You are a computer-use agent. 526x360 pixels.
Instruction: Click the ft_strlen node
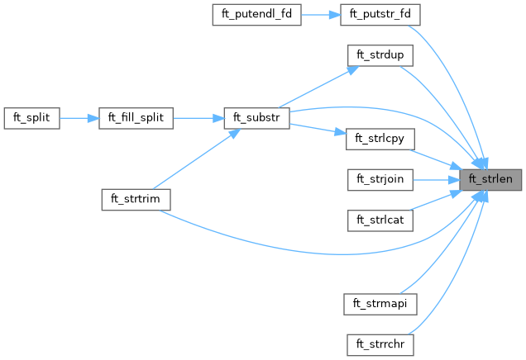point(491,179)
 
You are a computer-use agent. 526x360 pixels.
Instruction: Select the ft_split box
point(32,117)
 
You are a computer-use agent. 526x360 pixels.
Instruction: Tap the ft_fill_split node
point(136,117)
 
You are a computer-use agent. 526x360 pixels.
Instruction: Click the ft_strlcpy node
point(379,138)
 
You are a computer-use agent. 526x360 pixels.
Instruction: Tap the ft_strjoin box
point(379,179)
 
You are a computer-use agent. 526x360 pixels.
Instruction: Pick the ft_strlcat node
point(379,220)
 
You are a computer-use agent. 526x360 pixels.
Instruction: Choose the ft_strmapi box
point(379,302)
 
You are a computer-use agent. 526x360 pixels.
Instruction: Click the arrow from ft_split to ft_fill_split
point(79,117)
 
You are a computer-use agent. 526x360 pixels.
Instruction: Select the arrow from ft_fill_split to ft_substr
point(198,117)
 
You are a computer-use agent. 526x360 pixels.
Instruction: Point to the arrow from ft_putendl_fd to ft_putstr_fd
point(322,15)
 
